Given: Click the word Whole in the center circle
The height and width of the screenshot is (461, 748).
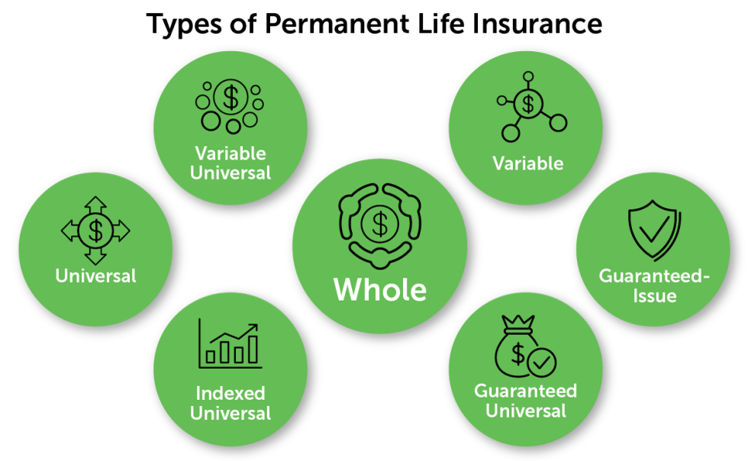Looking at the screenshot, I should [x=380, y=290].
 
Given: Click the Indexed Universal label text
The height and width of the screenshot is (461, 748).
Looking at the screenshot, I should [x=230, y=404].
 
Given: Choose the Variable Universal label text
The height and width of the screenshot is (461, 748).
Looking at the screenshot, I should [x=230, y=162].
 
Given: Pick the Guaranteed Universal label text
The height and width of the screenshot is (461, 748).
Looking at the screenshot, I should [x=525, y=401].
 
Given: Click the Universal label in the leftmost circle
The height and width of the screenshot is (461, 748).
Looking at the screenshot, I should [x=95, y=276].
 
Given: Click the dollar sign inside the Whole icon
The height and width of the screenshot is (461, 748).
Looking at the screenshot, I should [x=379, y=223].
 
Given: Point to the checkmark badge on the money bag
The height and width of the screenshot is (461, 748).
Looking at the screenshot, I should [x=542, y=363].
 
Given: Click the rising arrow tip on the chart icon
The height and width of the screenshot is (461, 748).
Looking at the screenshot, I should [x=256, y=327].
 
